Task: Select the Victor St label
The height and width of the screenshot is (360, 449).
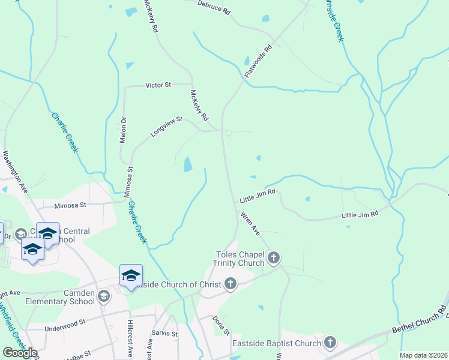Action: [158, 85]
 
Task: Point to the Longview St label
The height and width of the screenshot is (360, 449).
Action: [166, 127]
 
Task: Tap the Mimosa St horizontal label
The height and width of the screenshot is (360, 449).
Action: [71, 205]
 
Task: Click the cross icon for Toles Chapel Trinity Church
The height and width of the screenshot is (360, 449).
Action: [274, 259]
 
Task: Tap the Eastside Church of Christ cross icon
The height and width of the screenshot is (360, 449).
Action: [230, 284]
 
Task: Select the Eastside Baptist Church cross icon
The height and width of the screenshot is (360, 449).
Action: [330, 343]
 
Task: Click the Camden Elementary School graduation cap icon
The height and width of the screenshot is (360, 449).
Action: [104, 296]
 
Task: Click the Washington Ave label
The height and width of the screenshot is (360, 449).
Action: [16, 171]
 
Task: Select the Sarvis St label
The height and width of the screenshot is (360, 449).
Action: [165, 334]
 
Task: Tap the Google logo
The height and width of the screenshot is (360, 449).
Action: [20, 353]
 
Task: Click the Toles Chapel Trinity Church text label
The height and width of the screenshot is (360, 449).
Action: [240, 259]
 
